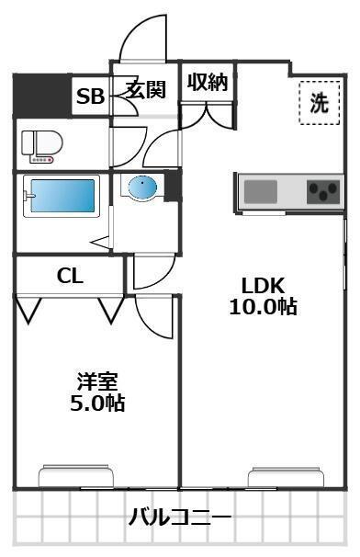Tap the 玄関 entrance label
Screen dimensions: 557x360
(x=145, y=89)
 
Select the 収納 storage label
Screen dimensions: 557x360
(x=208, y=82)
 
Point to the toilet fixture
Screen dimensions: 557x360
(x=39, y=145)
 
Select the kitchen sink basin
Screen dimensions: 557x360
(x=261, y=192)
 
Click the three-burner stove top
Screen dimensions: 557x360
(x=322, y=192)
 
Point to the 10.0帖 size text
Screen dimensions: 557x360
(x=263, y=307)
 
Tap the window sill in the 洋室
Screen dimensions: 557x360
(x=76, y=477)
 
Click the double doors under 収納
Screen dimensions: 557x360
(x=208, y=118)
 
